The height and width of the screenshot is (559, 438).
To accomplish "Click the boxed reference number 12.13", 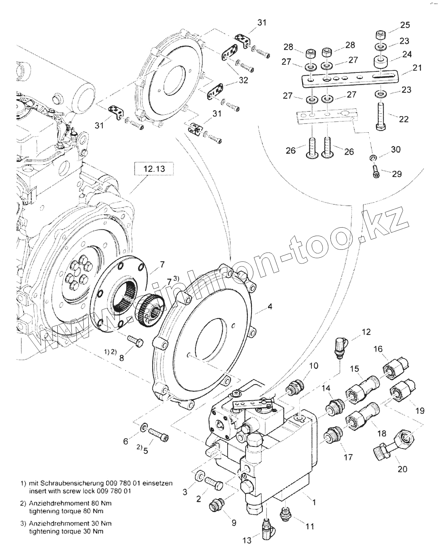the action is tap(154, 169).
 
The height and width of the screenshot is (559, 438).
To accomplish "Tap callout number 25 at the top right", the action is tap(405, 25).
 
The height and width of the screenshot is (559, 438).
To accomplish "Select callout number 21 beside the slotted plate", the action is tap(417, 68).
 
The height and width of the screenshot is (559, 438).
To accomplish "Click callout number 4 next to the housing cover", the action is tap(269, 306).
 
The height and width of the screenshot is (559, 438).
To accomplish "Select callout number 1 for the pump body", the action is tap(313, 502).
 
